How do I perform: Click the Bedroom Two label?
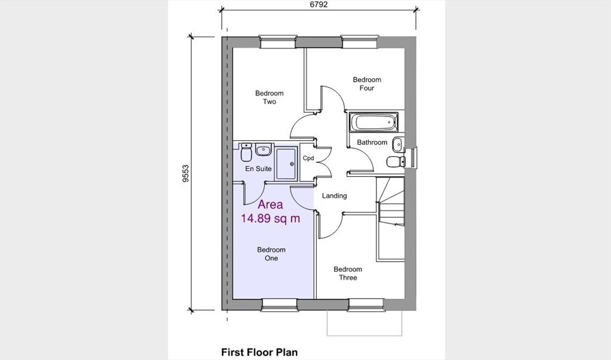click(x=269, y=97)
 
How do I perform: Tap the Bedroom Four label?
click(x=367, y=84)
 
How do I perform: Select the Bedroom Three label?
click(x=348, y=273)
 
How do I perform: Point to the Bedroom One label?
click(x=271, y=254)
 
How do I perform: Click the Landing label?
click(x=334, y=196)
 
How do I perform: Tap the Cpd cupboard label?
click(x=308, y=158)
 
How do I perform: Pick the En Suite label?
click(x=258, y=169)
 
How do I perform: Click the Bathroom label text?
click(x=372, y=142)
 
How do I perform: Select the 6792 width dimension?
click(x=319, y=5)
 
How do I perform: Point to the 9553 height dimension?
click(x=186, y=173)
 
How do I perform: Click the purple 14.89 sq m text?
click(x=270, y=219)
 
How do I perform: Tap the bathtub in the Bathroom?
click(x=374, y=122)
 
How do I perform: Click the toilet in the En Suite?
click(x=246, y=152)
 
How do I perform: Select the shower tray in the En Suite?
click(x=286, y=164)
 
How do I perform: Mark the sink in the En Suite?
click(x=263, y=150)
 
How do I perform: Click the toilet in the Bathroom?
click(x=396, y=161)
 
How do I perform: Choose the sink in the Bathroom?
click(x=398, y=145)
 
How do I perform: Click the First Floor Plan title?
click(x=260, y=352)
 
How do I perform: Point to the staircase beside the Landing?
click(x=390, y=219)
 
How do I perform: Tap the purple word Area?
click(x=270, y=204)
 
